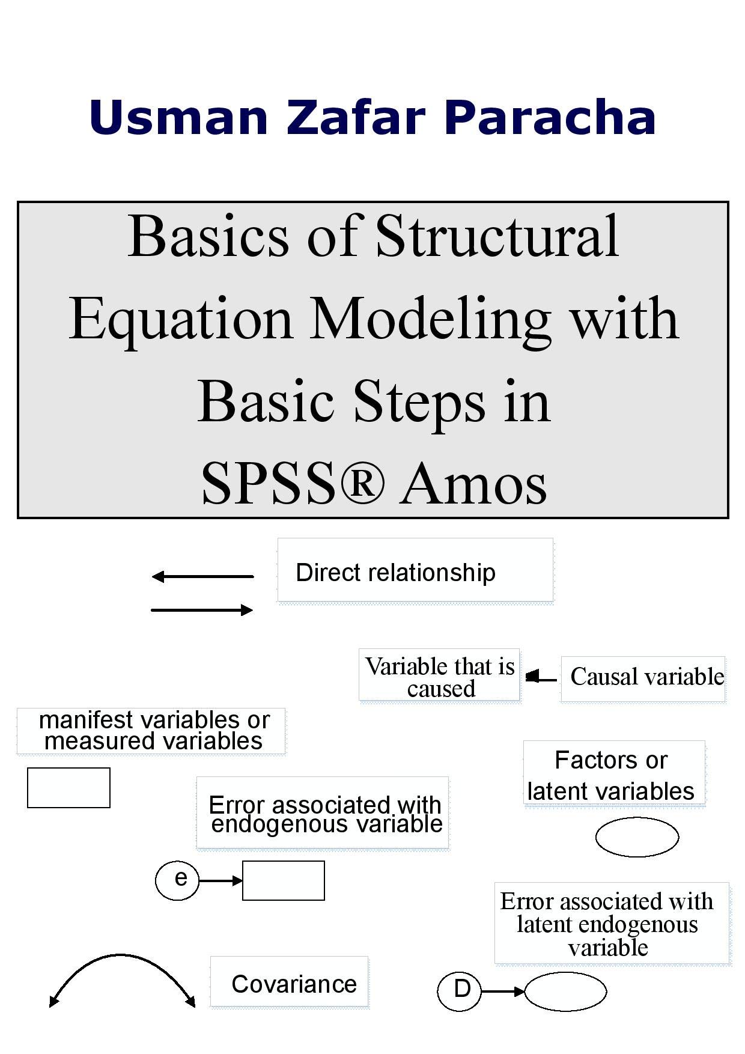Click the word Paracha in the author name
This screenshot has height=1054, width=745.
point(550,117)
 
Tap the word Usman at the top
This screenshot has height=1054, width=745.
point(178,117)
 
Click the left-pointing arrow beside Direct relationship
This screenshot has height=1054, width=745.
point(202,577)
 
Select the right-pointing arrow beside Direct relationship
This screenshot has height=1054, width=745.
point(202,611)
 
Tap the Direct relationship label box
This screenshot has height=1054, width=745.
point(415,570)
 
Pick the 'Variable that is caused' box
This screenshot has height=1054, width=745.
point(439,675)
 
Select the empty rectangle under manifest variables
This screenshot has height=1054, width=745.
point(68,787)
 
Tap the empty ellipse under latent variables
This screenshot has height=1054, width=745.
point(637,836)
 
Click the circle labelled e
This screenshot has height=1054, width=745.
point(177,880)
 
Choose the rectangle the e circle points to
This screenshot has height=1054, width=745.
point(283,880)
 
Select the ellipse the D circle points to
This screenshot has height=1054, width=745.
point(565,991)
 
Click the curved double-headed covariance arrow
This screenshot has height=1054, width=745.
point(122,957)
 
